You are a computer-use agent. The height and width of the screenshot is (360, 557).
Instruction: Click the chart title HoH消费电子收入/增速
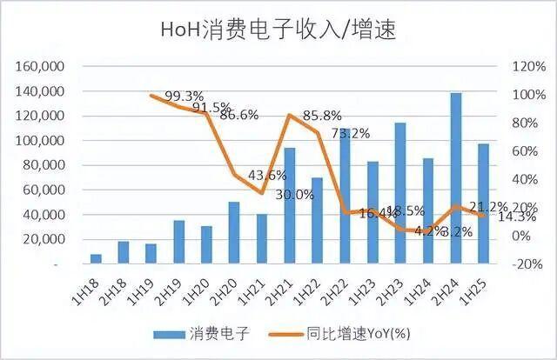click(278, 30)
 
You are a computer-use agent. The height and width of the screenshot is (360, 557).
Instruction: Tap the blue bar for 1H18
click(96, 258)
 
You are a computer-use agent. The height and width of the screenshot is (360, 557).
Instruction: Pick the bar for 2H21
click(289, 205)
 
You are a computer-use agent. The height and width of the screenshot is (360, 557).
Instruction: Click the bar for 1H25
click(483, 203)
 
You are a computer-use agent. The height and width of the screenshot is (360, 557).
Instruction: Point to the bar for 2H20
click(234, 232)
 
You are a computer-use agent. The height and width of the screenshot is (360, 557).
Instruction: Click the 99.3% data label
click(185, 96)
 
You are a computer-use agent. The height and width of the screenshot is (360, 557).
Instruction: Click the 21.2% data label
click(487, 207)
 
